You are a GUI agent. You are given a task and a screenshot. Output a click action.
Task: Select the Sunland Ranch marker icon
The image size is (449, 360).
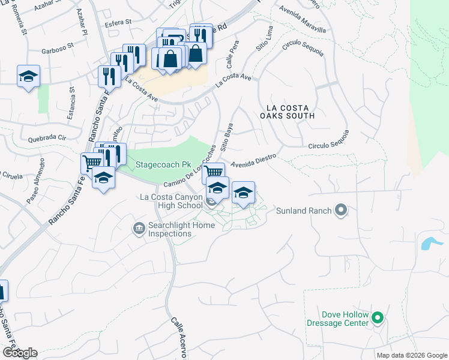point(342,210)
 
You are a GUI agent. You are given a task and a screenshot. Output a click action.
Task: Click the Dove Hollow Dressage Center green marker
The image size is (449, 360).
point(378,317)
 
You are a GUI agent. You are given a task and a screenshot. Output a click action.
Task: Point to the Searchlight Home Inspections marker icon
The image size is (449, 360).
point(139,227)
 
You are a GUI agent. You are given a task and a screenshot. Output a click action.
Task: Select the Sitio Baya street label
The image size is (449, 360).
point(228,137)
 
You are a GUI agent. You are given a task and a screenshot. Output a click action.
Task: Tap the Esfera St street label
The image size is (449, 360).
point(118,22)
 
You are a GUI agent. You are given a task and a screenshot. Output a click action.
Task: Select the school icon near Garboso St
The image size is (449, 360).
point(28,77)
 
